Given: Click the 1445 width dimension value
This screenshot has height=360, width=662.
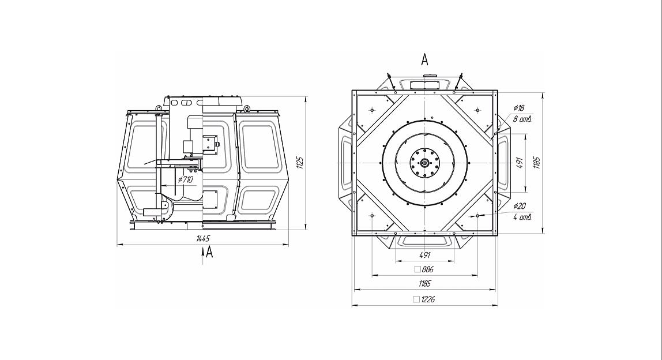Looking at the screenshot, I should pos(202,238).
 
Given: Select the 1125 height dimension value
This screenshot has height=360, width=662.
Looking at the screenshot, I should pos(299,163).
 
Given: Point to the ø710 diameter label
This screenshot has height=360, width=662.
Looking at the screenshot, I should pos(186,180).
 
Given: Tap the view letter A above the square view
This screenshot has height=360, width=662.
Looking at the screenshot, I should pos(425,59).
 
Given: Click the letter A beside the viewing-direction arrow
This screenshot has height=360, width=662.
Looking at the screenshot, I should pos(210,252).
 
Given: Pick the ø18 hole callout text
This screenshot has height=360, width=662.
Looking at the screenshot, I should pos(518,108).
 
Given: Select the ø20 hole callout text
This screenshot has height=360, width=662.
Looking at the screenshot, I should pos(519,207).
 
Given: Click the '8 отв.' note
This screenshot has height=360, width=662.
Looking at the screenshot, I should pos(522,119).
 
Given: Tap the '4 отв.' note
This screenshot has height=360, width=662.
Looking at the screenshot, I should pos(522,217).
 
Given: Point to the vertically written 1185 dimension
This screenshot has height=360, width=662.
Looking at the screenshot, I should pos(537,163).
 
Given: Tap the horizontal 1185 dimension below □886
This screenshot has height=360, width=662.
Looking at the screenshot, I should pos(424,284).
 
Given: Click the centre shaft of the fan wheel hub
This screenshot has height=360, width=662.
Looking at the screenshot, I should pos(424,163).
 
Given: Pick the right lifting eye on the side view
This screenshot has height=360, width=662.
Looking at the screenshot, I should pos(246,108).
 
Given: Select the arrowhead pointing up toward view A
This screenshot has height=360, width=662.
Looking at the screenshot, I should pos(203,251).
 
